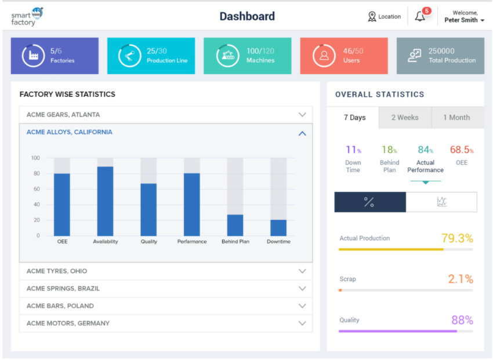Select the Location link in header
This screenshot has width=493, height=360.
385,17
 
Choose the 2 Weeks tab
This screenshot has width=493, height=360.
405,118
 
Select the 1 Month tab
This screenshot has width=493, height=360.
456,118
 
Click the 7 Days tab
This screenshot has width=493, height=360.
354,118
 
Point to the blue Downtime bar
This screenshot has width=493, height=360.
278,227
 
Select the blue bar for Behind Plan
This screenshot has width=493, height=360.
235,225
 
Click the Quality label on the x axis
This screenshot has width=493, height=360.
149,242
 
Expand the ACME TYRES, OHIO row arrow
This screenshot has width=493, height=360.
302,271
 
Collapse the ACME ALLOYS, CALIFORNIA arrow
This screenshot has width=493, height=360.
302,133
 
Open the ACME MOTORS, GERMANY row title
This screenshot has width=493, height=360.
68,323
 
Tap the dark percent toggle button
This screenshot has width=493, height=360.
369,202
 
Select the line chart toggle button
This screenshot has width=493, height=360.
441,202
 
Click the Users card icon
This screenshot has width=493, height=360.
324,56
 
